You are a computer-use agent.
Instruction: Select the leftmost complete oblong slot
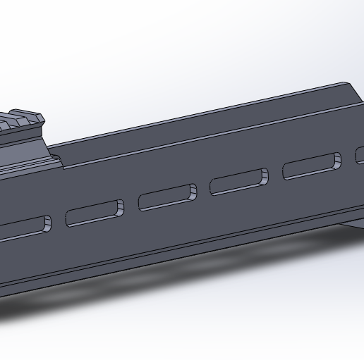tap(95, 213)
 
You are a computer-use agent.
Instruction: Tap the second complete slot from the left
tap(167, 197)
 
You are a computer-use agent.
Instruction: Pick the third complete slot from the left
tap(239, 182)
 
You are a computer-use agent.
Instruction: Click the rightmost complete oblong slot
tap(311, 166)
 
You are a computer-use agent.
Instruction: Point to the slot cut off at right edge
tap(360, 155)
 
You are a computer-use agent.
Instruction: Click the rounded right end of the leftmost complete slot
tap(119, 208)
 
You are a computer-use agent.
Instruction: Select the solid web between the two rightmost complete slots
tap(276, 175)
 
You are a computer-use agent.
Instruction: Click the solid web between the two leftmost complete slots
tap(131, 206)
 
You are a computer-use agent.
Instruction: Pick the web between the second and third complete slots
tap(203, 190)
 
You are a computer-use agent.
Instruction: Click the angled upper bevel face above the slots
tap(212, 134)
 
